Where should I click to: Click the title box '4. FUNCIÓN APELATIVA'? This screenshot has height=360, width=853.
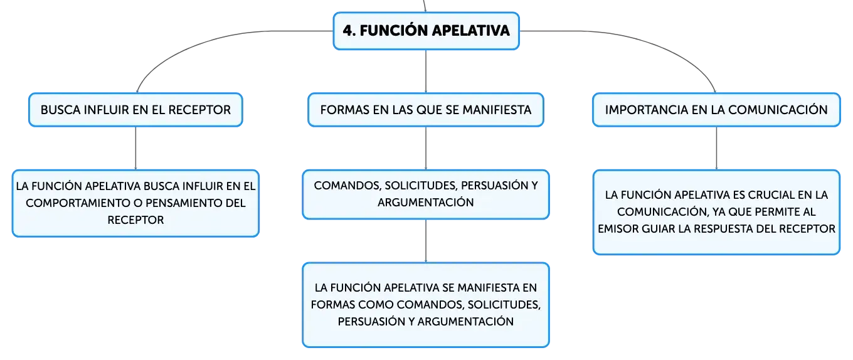click(x=426, y=31)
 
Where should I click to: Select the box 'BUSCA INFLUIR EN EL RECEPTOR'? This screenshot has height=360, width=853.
click(x=135, y=110)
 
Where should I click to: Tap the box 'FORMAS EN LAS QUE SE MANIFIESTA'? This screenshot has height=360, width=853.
click(x=426, y=110)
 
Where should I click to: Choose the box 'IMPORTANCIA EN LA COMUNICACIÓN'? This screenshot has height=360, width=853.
click(x=716, y=110)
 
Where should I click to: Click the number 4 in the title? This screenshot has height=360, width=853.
click(x=347, y=31)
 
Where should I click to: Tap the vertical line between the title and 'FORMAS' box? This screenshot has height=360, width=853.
click(x=426, y=71)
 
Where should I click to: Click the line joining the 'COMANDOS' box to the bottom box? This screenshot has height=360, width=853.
click(x=426, y=241)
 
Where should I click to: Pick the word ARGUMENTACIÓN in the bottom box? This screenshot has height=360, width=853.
click(x=465, y=322)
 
